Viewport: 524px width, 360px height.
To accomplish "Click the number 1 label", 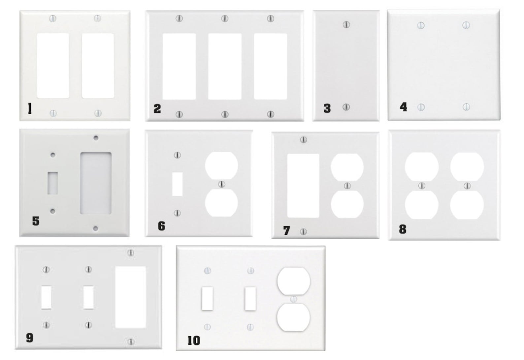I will click(x=29, y=108).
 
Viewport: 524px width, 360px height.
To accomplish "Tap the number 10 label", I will click(x=194, y=341).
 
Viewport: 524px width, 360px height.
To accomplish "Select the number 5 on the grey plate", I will click(x=36, y=221).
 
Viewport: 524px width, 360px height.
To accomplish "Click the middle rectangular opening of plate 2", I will click(x=225, y=66).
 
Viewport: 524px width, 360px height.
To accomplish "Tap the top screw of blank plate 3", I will click(x=346, y=24).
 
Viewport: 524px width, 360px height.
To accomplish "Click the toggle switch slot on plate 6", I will click(x=178, y=184).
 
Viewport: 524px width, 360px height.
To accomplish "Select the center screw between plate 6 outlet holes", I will click(x=222, y=184).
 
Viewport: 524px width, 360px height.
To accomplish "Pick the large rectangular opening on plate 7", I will click(x=303, y=186).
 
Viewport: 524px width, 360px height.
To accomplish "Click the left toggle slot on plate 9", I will click(x=47, y=297).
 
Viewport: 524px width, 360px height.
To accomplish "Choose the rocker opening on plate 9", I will click(x=131, y=297).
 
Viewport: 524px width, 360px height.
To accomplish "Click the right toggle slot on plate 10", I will click(x=250, y=299).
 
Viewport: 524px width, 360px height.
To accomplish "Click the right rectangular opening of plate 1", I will click(x=98, y=66).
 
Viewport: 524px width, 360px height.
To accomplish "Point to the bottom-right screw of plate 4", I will click(x=466, y=107).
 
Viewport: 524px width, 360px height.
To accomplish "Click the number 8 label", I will click(x=402, y=229).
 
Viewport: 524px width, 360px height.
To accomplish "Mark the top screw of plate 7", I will click(x=303, y=140).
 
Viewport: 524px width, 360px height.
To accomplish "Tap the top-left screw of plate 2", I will click(x=179, y=18).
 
